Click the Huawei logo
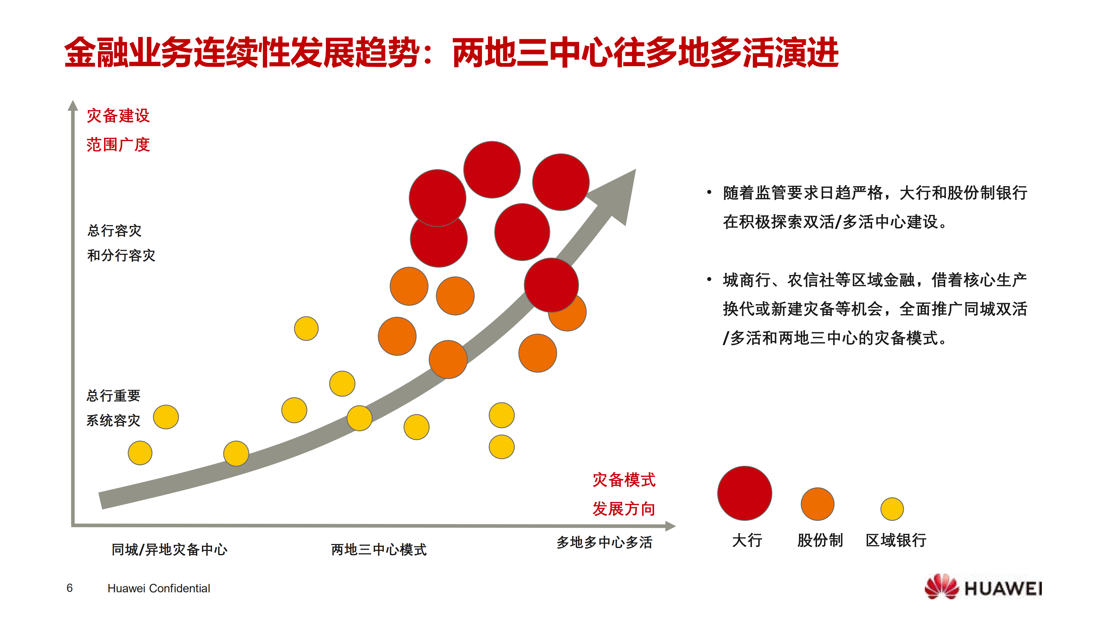pos(983,587)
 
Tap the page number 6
pos(70,588)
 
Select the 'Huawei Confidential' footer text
pos(159,588)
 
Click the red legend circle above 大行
pos(744,493)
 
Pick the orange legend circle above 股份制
pos(817,504)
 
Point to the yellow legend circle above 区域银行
pos(892,509)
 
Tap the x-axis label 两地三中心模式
pos(379,549)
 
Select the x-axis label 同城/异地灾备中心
pos(169,549)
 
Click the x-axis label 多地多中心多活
pos(604,542)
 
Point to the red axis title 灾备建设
pos(118,116)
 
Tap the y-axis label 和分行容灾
pos(121,256)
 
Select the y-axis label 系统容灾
pos(114,420)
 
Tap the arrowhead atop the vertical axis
pos(73,106)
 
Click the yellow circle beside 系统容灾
pos(166,417)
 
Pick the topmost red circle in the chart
pos(492,170)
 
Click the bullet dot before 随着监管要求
pos(709,192)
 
